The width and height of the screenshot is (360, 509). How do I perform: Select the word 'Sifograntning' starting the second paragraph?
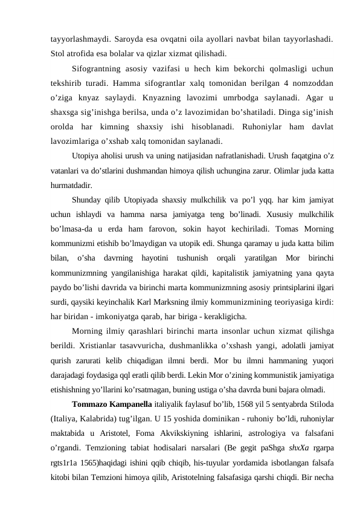(98, 68)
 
